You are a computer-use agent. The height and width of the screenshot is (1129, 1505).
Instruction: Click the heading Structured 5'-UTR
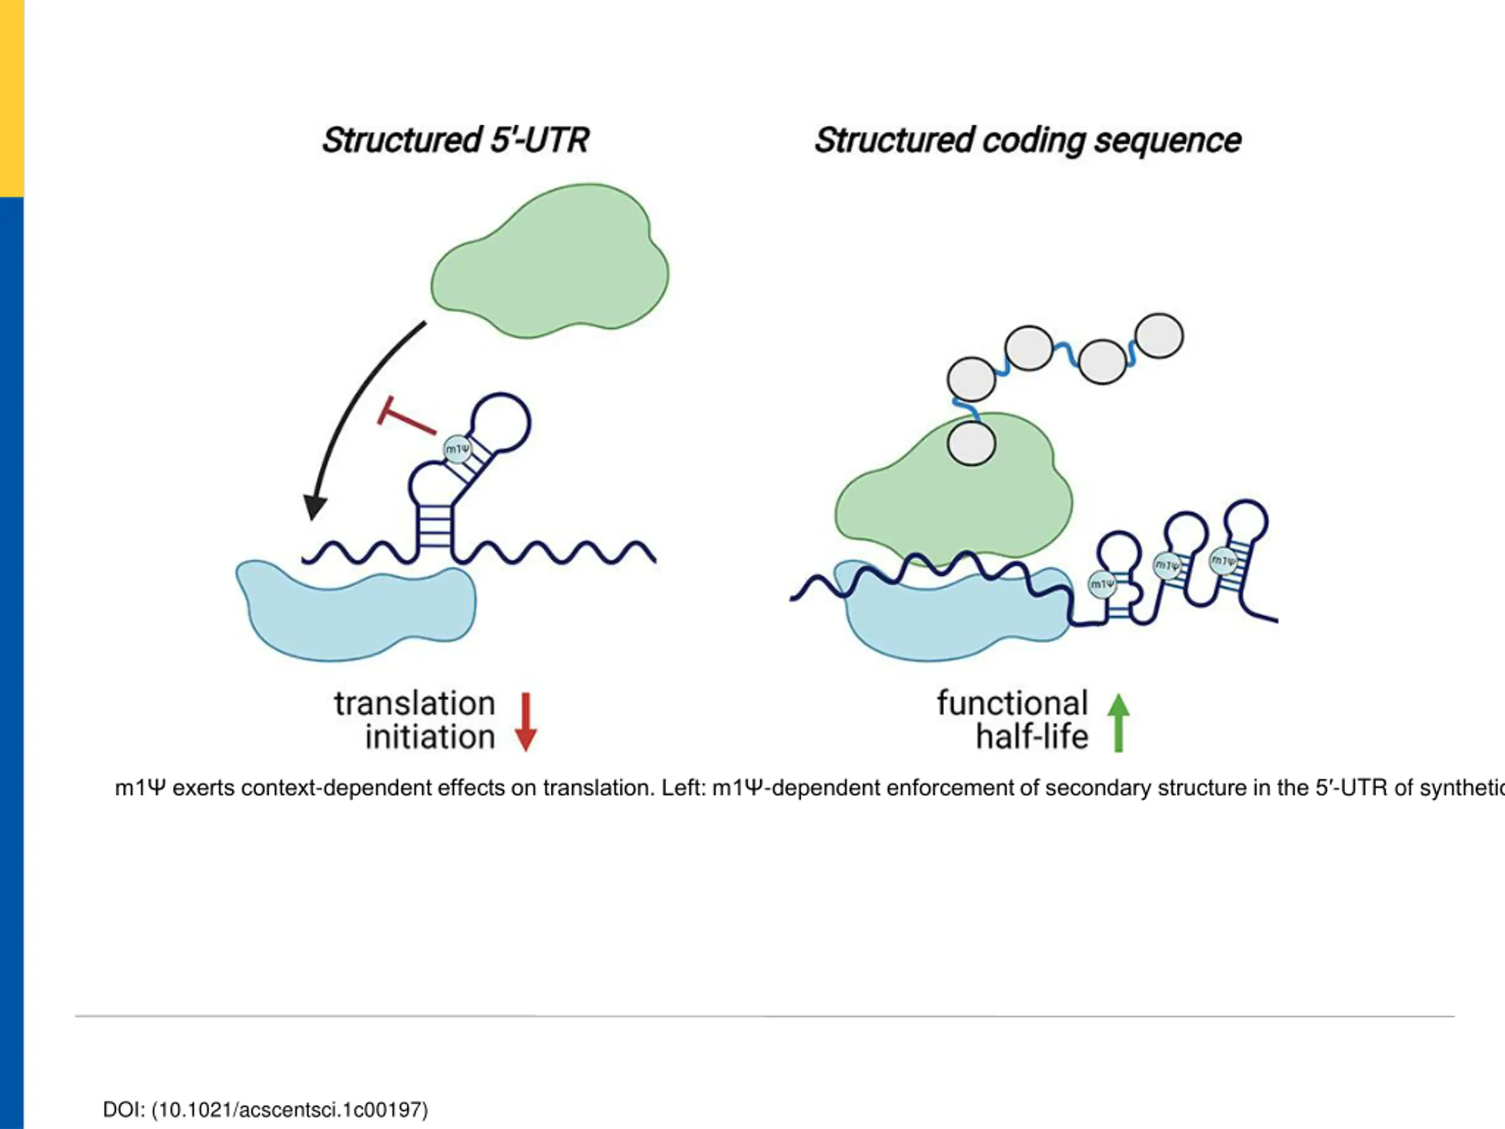(455, 140)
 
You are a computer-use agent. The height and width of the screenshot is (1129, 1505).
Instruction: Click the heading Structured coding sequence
(1028, 140)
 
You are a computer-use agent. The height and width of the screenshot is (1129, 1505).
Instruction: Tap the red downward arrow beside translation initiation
(525, 722)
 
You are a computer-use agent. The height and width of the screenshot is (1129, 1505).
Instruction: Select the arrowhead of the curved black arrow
(315, 506)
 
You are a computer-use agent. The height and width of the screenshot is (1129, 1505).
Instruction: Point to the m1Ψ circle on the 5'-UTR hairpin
(457, 449)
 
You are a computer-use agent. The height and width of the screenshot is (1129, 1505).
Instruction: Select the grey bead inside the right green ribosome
(972, 443)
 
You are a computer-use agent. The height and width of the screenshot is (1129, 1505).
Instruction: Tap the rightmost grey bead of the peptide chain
(1159, 336)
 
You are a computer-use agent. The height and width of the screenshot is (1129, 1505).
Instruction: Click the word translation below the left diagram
(414, 704)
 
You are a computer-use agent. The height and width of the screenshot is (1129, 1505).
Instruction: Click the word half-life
(1032, 737)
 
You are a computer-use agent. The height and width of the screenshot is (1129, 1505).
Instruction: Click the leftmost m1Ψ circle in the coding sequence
(1102, 584)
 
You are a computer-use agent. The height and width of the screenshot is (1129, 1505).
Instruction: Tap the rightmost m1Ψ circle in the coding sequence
(1223, 561)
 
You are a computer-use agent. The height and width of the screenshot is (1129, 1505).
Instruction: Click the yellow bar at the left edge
(12, 99)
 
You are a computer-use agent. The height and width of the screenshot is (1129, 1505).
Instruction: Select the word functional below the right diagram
(1012, 704)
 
